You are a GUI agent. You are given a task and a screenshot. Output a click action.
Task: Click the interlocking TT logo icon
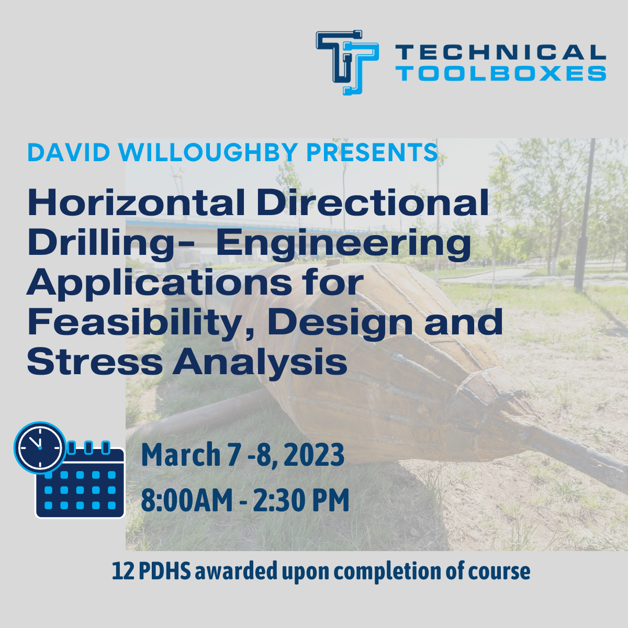347,62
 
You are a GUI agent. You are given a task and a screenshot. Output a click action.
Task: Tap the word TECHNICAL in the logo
500,52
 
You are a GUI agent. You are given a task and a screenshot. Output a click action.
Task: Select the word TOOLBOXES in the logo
500,73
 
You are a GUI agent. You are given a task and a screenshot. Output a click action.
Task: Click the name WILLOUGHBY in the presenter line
208,152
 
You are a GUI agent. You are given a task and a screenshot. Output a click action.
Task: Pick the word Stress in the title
95,362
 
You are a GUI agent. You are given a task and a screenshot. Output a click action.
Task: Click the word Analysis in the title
260,363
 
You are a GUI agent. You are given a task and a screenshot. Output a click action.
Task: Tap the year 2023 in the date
315,455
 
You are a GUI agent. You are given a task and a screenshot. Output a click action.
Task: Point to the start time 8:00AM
186,500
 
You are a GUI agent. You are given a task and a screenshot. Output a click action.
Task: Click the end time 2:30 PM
301,500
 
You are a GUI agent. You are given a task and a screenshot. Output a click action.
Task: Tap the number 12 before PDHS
123,571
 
